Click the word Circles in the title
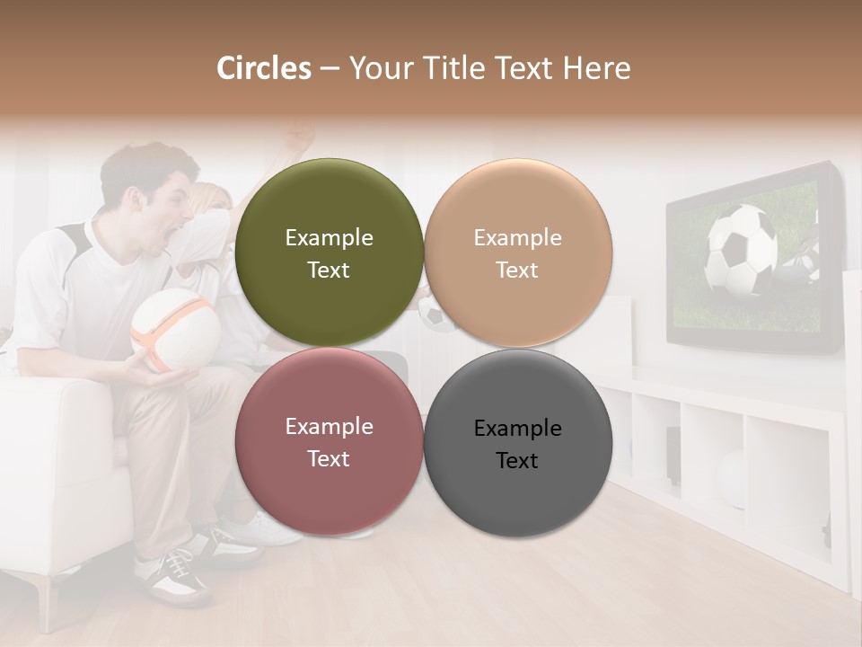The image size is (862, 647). point(263,68)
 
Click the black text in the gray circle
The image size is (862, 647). point(517,444)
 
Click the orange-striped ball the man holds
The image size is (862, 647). point(174,329)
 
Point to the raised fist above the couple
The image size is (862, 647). point(302,138)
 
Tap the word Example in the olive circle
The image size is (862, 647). point(329,238)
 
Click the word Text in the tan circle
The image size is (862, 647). point(517,270)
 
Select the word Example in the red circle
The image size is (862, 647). point(329,427)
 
